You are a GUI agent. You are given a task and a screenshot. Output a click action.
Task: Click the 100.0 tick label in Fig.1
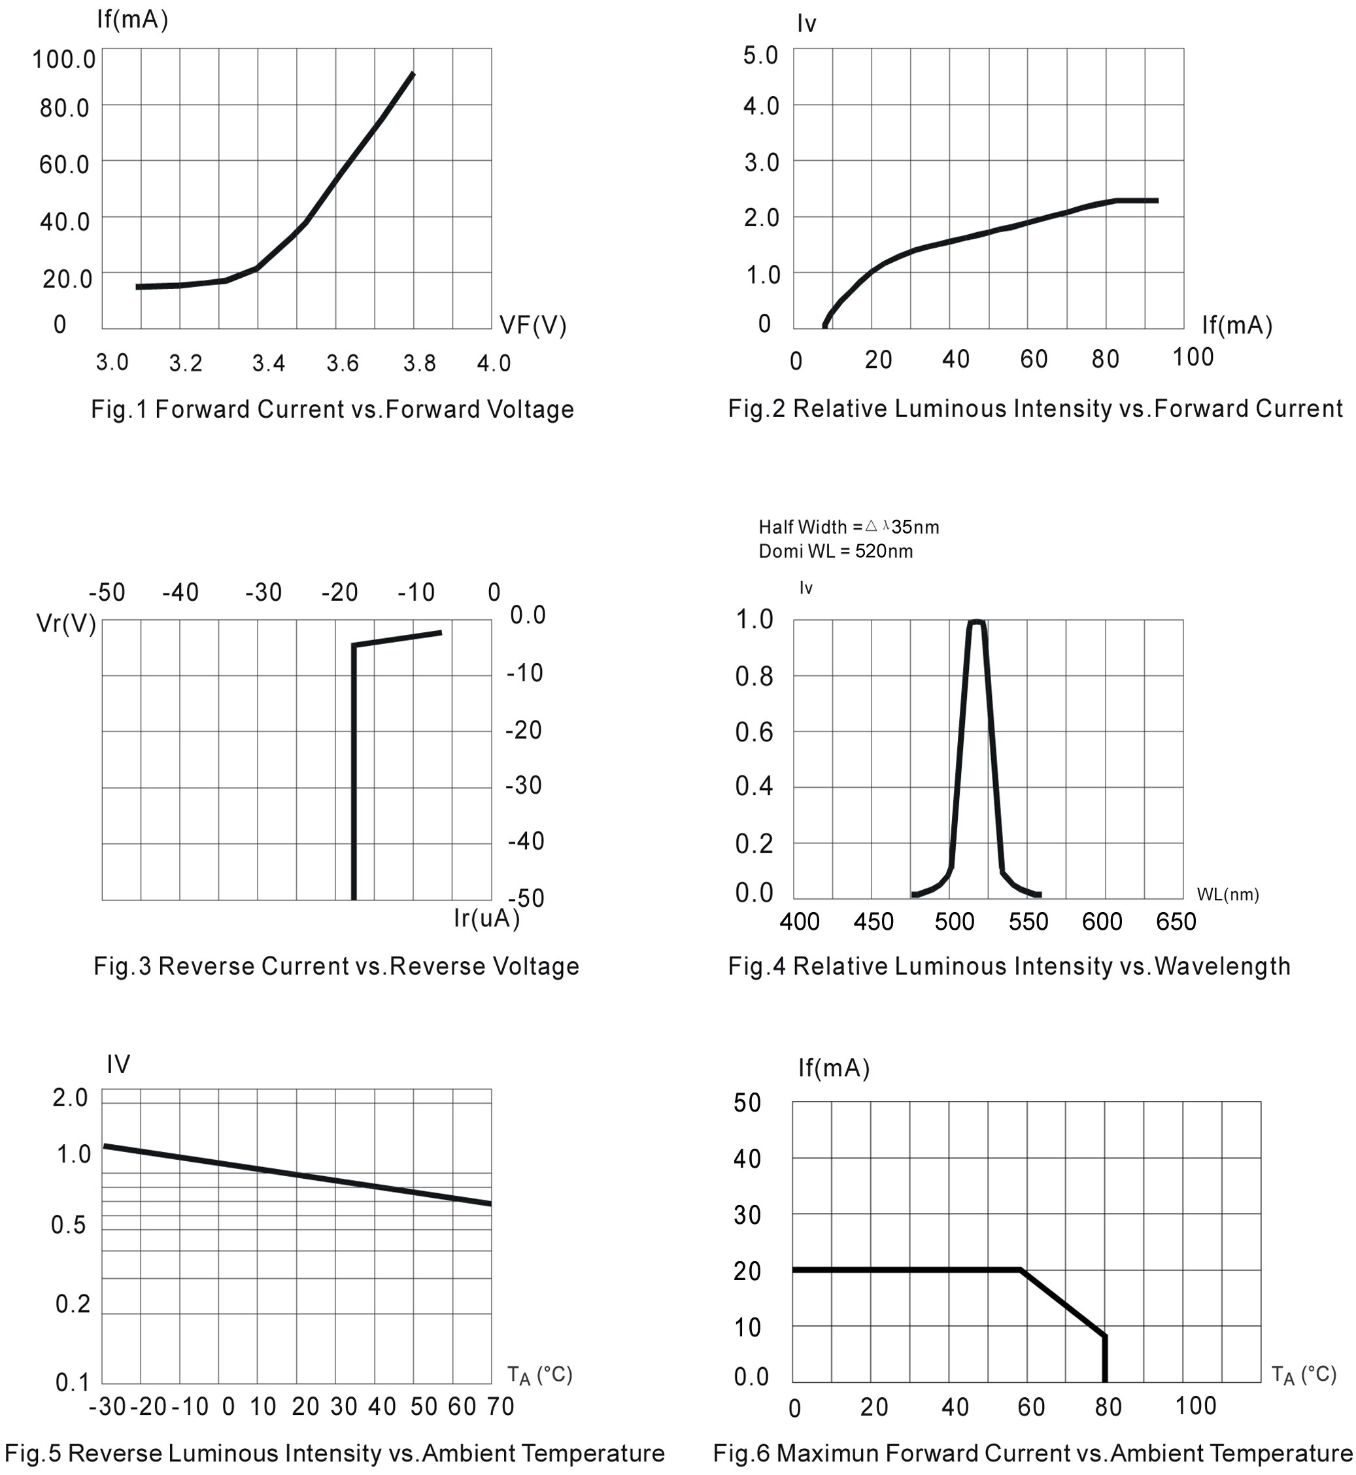click(64, 59)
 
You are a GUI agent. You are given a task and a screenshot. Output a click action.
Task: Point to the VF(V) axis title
click(533, 325)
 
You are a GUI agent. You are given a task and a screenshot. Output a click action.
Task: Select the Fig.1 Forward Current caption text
click(332, 409)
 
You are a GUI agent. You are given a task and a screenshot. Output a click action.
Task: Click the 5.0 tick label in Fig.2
click(760, 55)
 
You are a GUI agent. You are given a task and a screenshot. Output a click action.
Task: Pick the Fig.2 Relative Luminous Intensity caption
click(1034, 409)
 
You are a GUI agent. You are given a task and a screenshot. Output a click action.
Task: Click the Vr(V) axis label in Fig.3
click(66, 624)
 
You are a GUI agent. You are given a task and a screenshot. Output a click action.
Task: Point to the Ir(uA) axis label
click(486, 918)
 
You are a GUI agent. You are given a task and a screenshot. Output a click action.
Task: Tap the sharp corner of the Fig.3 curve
click(354, 646)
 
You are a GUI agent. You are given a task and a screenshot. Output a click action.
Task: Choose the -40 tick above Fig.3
click(180, 592)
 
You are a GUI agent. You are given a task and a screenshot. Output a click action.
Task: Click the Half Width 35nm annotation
click(848, 527)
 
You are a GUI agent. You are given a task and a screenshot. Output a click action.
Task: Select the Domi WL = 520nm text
click(836, 551)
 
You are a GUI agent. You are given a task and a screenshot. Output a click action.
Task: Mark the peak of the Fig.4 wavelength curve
click(976, 622)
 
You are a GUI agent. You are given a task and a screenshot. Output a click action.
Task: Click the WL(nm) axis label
click(1228, 894)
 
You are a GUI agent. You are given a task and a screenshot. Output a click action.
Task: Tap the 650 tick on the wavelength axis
click(1176, 922)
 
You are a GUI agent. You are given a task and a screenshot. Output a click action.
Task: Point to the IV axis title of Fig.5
click(118, 1064)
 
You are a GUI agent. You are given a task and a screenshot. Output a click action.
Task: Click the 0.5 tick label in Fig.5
click(68, 1225)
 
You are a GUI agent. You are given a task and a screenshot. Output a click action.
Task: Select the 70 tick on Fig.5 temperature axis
click(500, 1407)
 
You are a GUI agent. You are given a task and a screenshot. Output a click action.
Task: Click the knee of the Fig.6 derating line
click(1021, 1270)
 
